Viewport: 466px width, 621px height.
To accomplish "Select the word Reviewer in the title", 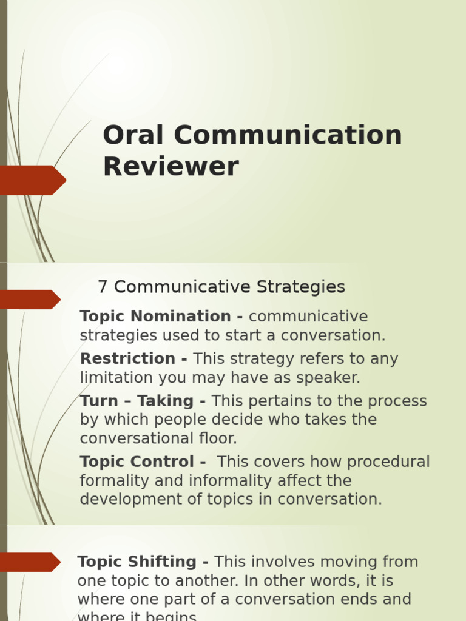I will (x=171, y=166).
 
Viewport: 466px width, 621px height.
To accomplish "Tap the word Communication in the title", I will (x=288, y=135).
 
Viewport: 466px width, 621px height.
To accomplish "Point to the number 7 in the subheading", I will (x=102, y=287).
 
